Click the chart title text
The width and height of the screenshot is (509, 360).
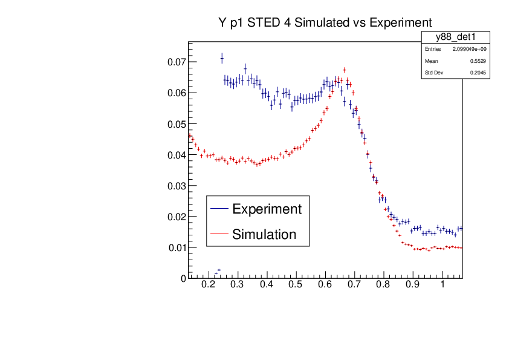pos(325,23)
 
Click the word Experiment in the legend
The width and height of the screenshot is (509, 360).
pos(267,209)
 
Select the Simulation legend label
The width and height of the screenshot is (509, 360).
pos(264,234)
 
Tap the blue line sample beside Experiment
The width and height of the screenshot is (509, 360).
pos(219,209)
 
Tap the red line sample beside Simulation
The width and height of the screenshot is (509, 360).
pos(219,234)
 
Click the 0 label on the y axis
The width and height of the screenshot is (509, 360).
pos(183,278)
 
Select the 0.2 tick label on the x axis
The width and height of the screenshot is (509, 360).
pos(209,284)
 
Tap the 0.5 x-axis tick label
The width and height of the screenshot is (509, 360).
pos(296,284)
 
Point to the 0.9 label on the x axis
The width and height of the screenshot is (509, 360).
pos(413,284)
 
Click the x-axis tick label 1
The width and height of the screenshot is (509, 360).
pos(443,284)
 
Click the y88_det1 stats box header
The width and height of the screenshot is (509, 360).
pos(455,37)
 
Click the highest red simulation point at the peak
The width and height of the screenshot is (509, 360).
pos(344,70)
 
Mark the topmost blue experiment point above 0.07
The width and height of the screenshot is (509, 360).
pos(222,58)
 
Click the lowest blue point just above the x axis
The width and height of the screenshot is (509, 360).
pos(215,273)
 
